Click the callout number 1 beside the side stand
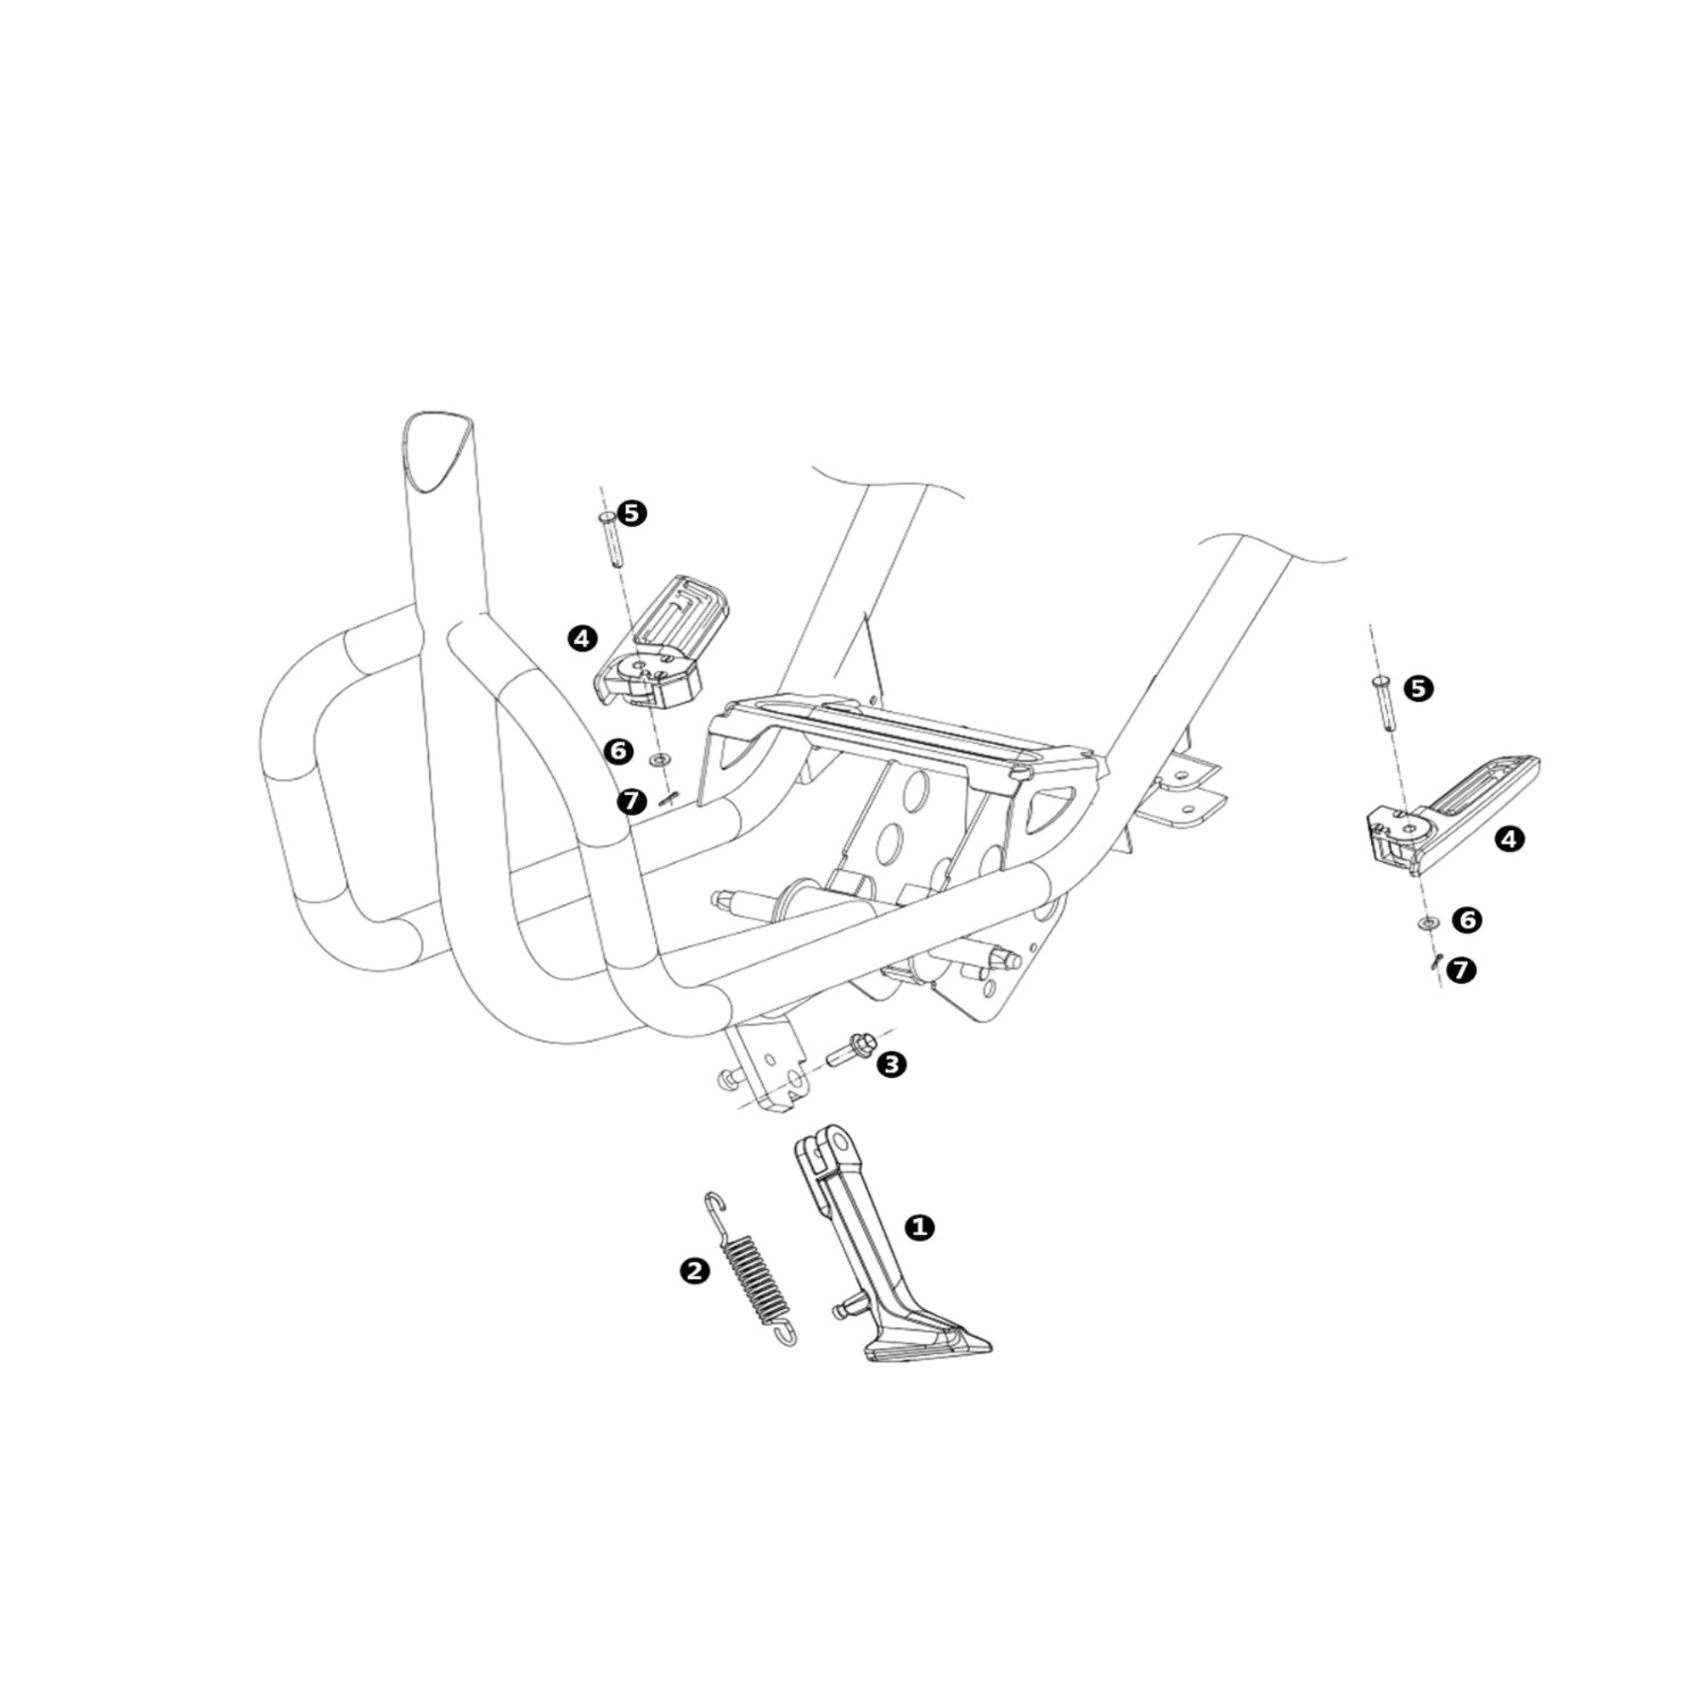point(920,1227)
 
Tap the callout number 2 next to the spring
point(695,1270)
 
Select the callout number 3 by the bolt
point(891,1065)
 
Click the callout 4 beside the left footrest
point(582,638)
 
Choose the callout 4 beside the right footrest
point(1509,839)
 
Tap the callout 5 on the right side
point(1418,689)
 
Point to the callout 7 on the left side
point(631,801)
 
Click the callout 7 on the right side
point(1461,970)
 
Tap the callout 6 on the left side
point(618,751)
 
